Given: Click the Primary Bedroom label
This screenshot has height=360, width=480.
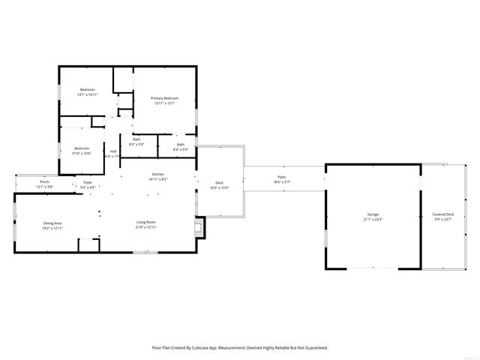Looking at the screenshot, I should coord(164,98).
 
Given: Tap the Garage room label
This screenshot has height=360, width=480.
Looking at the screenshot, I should coord(373,214).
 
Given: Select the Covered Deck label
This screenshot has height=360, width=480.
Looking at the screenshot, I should coord(443,214).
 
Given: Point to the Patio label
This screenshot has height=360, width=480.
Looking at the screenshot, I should coord(282,178).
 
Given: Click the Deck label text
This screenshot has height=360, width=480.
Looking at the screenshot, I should coord(220,182).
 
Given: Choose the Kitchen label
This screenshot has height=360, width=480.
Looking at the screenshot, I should coord(157,175).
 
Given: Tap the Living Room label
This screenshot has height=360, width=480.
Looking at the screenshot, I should coord(145,223).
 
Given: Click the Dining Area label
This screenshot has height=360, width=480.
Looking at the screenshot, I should coord(52,223).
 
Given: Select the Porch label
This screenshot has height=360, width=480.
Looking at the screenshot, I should coord(45,181).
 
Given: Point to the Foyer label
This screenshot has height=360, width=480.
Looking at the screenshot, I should coord(88,182).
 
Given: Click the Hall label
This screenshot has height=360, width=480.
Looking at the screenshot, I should coord(113,151).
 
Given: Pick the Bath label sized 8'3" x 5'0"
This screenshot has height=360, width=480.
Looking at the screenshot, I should coord(136,139).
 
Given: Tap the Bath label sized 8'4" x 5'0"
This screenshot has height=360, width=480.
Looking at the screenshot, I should coord(181,145).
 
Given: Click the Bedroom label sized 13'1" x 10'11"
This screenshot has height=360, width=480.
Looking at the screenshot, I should coord(88,90).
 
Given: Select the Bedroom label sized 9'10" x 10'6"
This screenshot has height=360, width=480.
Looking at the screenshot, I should coord(82,148).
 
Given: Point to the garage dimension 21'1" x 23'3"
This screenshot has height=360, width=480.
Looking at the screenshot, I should coord(373,220).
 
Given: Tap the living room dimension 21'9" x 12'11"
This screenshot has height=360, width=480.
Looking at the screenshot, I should coord(145,228).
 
